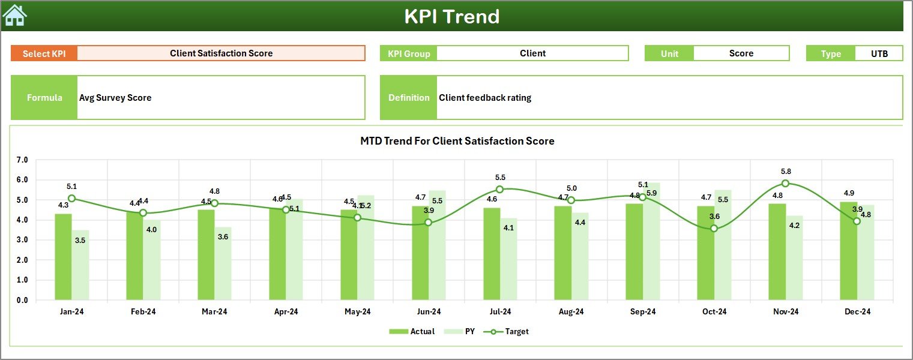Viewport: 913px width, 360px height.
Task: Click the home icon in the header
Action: click(15, 16)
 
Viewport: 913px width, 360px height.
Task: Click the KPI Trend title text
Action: click(451, 16)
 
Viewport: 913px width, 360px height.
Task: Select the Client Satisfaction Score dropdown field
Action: click(221, 53)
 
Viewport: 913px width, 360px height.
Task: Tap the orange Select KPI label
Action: click(44, 53)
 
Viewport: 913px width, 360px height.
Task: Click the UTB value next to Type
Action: click(879, 53)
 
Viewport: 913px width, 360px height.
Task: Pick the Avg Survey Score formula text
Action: click(115, 98)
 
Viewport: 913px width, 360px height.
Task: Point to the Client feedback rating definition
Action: click(485, 98)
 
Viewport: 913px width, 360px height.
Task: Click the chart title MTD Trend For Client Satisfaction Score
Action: click(457, 141)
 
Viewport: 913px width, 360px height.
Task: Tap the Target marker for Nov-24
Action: click(785, 184)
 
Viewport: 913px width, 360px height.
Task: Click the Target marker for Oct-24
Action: click(714, 228)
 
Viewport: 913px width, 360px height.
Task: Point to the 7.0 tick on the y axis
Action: click(22, 160)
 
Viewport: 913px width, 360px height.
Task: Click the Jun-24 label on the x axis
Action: click(429, 311)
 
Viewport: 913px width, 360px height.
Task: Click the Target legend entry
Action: click(508, 331)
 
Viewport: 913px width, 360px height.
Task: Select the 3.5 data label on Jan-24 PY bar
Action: click(80, 240)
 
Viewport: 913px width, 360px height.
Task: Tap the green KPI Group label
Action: click(409, 53)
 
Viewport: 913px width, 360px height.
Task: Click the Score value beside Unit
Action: click(741, 53)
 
